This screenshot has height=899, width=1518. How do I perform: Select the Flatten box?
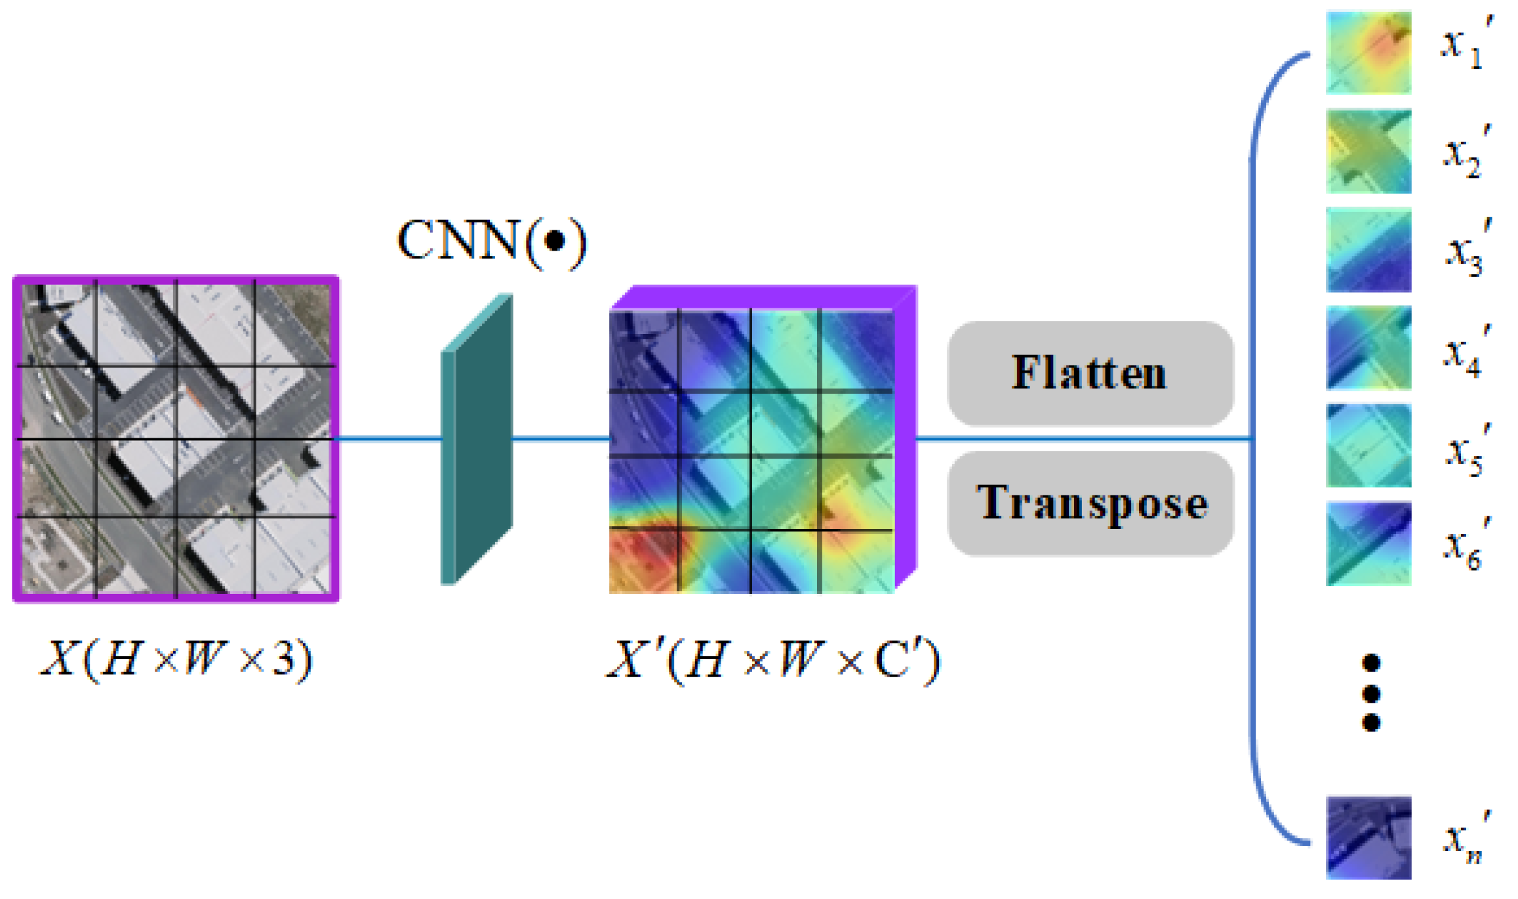click(x=1090, y=373)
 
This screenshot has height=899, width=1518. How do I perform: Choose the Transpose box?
click(x=1090, y=503)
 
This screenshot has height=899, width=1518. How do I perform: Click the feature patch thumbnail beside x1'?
click(x=1368, y=52)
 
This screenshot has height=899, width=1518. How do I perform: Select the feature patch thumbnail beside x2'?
click(x=1368, y=151)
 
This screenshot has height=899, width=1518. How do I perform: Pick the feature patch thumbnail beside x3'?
click(x=1368, y=249)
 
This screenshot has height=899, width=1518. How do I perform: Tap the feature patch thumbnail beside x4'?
click(x=1368, y=348)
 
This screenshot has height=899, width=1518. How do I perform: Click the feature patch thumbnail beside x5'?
click(x=1368, y=446)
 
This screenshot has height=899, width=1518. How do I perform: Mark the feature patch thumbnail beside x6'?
click(x=1368, y=543)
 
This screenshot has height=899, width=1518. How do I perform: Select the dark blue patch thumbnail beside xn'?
click(x=1368, y=837)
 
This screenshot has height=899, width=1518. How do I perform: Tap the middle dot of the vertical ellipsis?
click(x=1370, y=693)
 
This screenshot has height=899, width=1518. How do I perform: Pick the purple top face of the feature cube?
click(x=764, y=297)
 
